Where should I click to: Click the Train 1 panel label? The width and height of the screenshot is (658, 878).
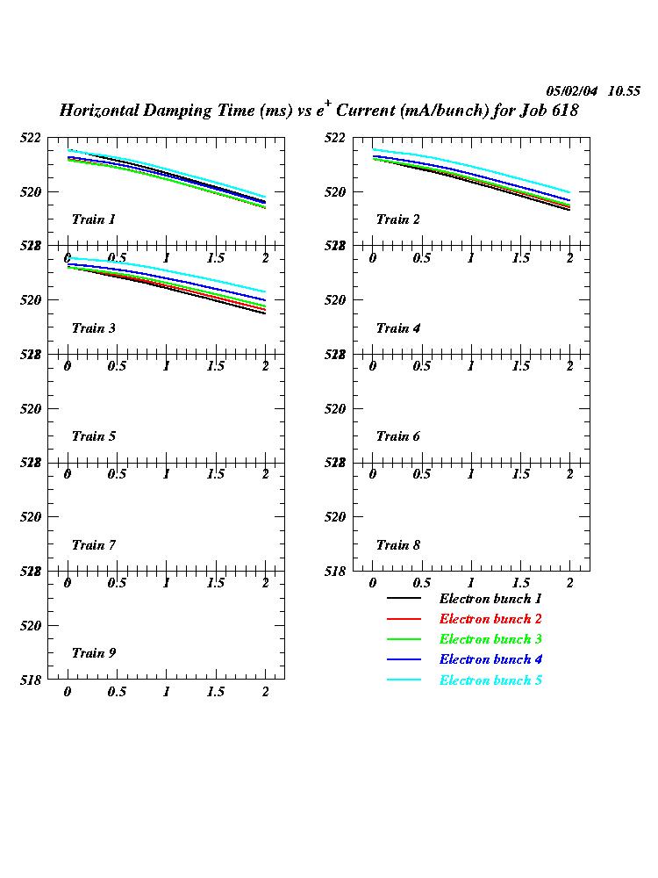coord(93,219)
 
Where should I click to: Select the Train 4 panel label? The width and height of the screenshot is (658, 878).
coord(398,328)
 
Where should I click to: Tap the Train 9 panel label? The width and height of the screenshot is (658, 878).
coord(93,653)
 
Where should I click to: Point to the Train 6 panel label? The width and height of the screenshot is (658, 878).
coord(398,436)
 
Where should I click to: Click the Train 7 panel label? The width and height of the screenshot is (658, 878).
coord(93,545)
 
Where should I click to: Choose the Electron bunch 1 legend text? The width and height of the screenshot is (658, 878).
coord(490,599)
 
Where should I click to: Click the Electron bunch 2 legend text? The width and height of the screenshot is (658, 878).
coord(490,619)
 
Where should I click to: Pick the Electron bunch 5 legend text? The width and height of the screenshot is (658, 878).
coord(490,680)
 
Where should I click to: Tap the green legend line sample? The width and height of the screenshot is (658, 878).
coord(404,639)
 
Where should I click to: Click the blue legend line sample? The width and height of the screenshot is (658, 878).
coord(404,659)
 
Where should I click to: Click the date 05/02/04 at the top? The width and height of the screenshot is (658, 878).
coord(571,91)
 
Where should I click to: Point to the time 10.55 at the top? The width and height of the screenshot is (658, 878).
coord(624,91)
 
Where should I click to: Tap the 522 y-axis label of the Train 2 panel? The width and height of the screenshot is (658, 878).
coord(335,138)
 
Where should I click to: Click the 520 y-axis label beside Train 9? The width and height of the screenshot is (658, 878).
coord(31,625)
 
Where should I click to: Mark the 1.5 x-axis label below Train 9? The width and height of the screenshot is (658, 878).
coord(215,692)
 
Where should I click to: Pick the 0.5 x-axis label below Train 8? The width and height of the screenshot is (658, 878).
coord(421,583)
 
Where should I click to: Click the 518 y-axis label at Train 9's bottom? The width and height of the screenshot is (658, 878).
coord(31,680)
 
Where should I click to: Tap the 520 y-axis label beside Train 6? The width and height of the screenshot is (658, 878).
coord(335,408)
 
